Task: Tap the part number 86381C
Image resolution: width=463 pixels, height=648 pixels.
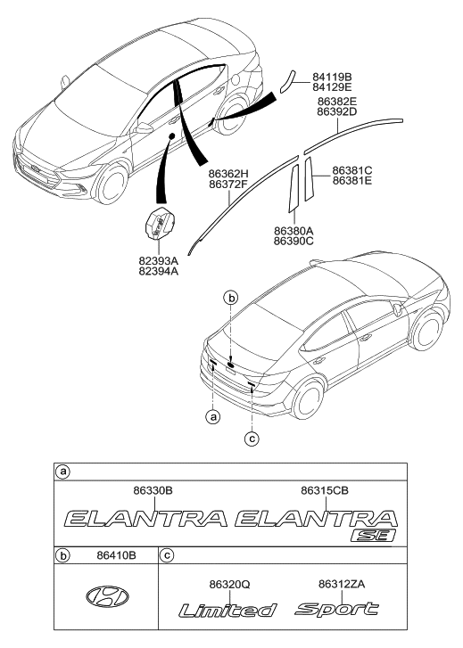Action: click(352, 169)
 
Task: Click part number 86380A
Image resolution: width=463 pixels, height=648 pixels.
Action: click(294, 230)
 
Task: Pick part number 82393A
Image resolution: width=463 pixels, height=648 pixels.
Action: click(158, 262)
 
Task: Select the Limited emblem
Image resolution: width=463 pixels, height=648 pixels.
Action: click(227, 611)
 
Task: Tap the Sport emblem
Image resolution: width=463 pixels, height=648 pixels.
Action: click(337, 610)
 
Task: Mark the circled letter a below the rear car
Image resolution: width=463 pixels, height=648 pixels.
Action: click(212, 416)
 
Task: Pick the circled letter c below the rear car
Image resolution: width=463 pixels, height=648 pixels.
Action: click(252, 437)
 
